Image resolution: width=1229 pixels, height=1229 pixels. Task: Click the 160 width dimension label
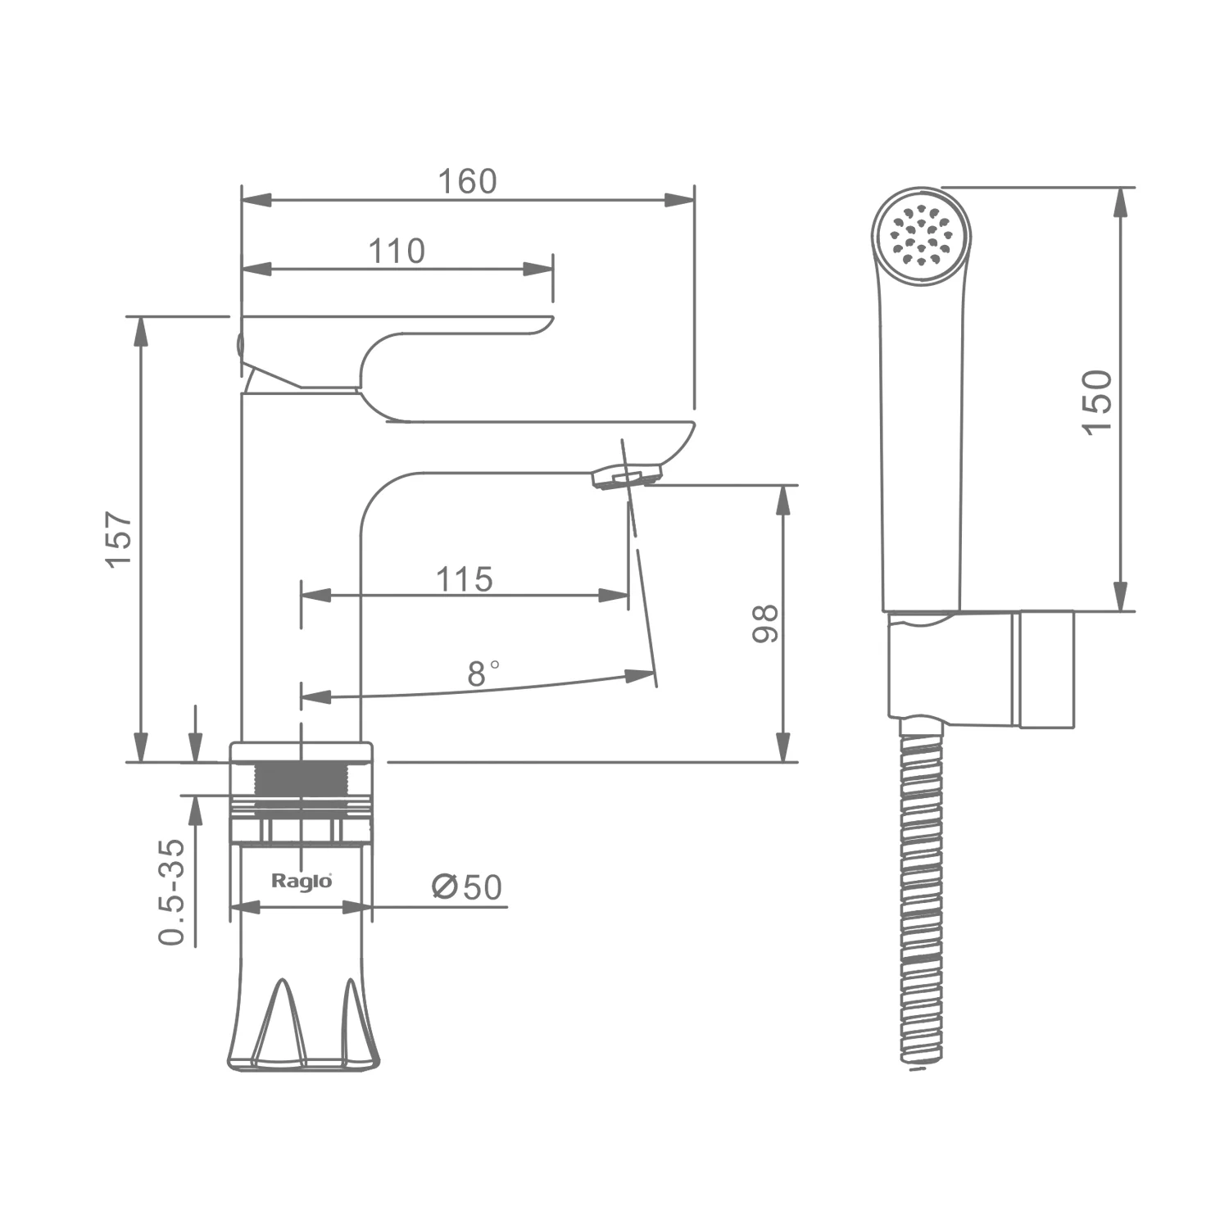467,181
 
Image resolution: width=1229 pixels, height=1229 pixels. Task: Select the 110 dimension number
397,252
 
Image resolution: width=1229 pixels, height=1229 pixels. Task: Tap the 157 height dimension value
119,538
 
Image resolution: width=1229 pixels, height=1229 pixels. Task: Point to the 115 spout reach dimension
464,579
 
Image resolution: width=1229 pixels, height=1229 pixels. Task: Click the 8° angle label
483,673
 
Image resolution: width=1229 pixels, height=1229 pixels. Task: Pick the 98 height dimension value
765,624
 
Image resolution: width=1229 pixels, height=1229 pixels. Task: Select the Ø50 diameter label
466,887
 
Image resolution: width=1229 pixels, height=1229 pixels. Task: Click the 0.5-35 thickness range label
172,892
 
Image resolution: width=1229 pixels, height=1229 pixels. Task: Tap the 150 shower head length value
1097,401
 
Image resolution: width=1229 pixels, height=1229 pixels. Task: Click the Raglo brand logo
302,882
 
